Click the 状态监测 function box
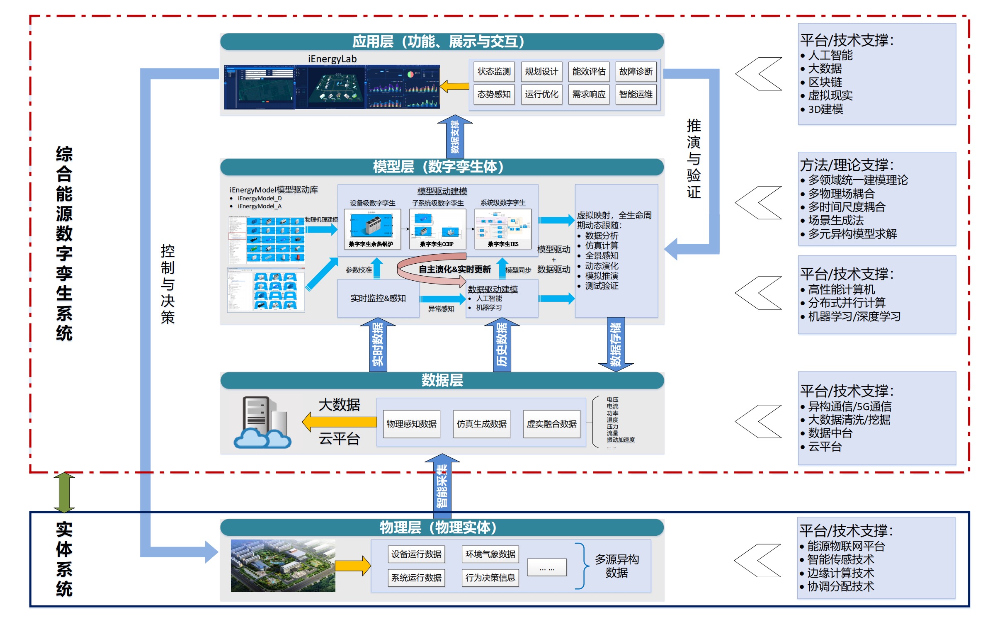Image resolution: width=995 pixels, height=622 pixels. tap(494, 72)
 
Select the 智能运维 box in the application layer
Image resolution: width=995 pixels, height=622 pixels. tap(636, 95)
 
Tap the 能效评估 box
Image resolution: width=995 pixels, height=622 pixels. tap(589, 72)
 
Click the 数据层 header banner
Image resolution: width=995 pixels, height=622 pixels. tap(442, 380)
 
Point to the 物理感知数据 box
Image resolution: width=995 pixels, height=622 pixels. tap(411, 424)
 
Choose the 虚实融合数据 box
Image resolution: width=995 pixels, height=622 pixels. tap(551, 424)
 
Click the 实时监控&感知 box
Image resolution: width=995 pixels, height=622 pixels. tap(378, 299)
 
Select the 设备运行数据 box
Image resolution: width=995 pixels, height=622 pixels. tap(416, 554)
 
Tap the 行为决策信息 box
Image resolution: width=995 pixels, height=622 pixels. tap(490, 578)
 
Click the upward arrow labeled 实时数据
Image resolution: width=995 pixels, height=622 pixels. tap(378, 345)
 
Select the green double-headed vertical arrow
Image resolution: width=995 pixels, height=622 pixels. tap(64, 493)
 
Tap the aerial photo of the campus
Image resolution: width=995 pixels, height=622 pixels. tap(283, 566)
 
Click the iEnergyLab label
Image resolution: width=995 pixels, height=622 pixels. tap(332, 59)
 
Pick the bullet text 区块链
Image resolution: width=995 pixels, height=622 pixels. tap(825, 82)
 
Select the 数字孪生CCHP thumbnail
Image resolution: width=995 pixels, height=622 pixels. tap(437, 229)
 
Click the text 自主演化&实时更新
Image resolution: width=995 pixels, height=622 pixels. tap(454, 270)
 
